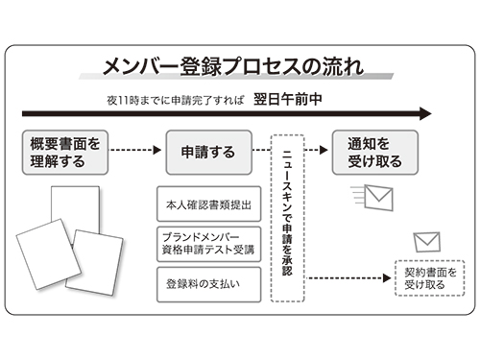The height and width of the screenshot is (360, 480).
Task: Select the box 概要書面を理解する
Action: coord(65,152)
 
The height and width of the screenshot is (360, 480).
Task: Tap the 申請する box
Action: coord(208,152)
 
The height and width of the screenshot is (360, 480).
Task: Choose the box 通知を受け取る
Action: coord(367,152)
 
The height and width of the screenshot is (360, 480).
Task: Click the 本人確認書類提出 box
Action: coord(207,204)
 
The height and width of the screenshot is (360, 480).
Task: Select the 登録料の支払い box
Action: coord(207,283)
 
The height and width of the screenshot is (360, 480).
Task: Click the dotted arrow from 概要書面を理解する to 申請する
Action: coord(134,151)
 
